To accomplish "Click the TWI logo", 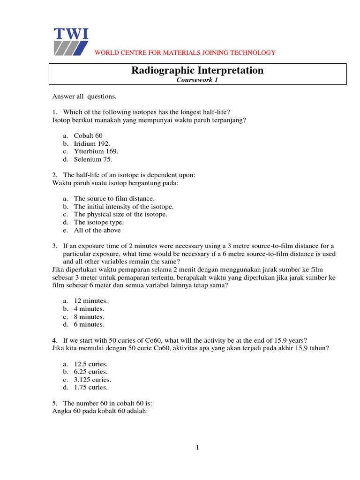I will (71, 42).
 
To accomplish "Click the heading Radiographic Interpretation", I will (197, 70).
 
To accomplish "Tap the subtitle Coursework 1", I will (197, 80).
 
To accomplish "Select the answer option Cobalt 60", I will (88, 135).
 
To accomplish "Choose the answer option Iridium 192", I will (92, 143).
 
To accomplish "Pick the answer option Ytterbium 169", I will (96, 151).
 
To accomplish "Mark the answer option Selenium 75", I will (93, 159).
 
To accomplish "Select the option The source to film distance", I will (114, 199).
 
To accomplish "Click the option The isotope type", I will (98, 222).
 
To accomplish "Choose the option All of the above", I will (97, 230).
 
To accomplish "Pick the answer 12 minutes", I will (90, 301).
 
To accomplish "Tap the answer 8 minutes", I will (89, 316).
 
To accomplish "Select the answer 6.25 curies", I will (90, 372).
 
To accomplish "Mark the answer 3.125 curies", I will (92, 380).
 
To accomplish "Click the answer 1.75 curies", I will (90, 387).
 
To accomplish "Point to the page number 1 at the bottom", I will (198, 448).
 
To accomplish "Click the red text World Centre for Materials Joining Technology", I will (185, 52).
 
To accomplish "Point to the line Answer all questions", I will (84, 97).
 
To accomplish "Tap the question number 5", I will (54, 403).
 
